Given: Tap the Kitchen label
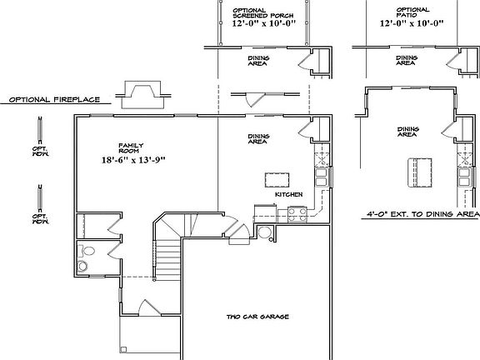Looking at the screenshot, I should (287, 195).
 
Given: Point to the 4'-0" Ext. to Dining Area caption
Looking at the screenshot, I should (421, 214).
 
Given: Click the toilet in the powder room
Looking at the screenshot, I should (83, 260).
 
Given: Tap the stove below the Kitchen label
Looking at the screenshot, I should (295, 213).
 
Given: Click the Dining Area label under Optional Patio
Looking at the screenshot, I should (406, 61).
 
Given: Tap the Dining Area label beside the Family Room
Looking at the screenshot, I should (257, 139).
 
